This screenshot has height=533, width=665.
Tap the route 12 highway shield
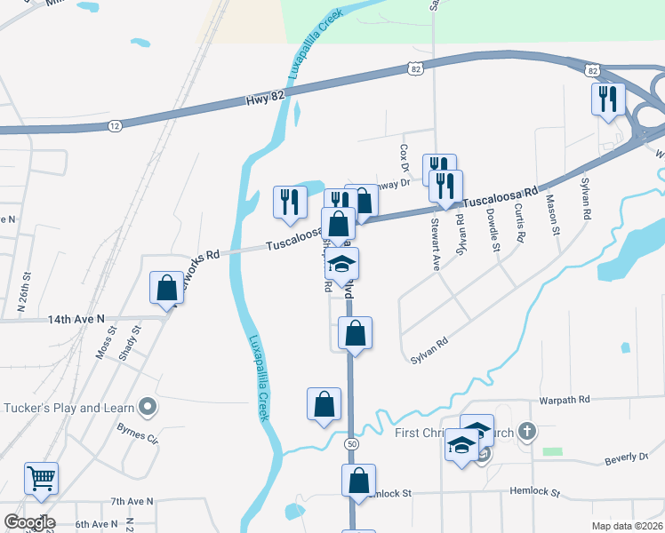[115, 126]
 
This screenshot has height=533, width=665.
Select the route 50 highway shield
[353, 443]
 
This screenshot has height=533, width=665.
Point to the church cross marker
[527, 433]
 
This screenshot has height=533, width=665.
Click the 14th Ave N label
[76, 318]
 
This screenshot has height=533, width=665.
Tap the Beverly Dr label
[627, 457]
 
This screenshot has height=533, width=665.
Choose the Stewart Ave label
[436, 235]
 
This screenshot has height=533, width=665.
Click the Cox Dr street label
[404, 158]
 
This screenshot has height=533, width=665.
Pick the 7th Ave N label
[132, 502]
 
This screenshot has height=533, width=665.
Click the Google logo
[29, 522]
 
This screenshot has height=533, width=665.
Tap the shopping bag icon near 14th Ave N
[166, 288]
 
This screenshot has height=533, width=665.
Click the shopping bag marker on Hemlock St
[358, 481]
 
